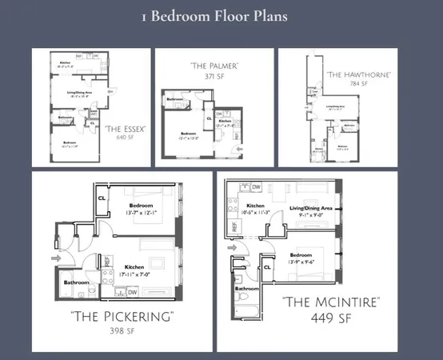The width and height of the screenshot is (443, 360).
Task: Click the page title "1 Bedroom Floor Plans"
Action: (x=214, y=16)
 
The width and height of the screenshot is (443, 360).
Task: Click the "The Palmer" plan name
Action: (x=214, y=66)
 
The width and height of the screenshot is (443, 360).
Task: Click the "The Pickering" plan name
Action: (x=122, y=317)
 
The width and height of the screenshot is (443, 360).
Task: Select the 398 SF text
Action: (x=122, y=330)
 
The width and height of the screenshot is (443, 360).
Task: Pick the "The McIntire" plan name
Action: (x=330, y=302)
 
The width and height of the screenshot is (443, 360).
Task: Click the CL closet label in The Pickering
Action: (x=102, y=197)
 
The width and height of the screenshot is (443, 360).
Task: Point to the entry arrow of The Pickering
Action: (x=54, y=259)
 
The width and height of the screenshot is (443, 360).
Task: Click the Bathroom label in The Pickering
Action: (x=77, y=282)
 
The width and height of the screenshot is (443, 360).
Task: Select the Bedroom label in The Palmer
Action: (x=190, y=133)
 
